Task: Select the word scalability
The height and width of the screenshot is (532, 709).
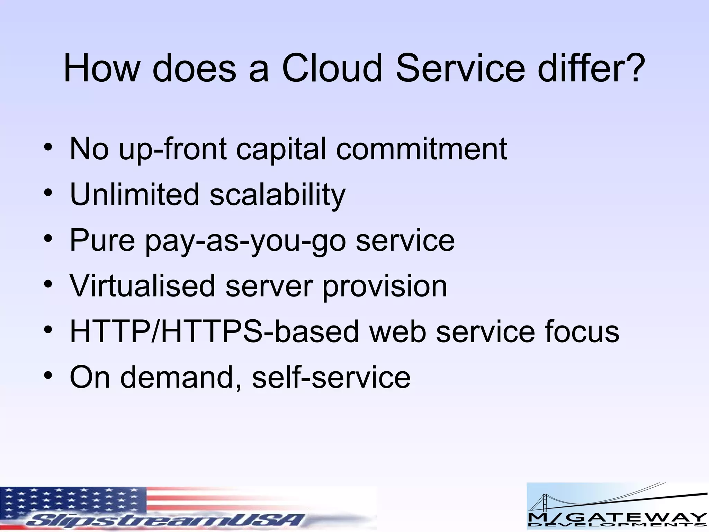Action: pyautogui.click(x=277, y=195)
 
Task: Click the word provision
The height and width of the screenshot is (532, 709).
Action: pyautogui.click(x=385, y=286)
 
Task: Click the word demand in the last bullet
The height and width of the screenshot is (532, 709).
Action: pyautogui.click(x=177, y=377)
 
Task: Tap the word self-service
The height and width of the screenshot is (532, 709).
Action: pyautogui.click(x=331, y=377)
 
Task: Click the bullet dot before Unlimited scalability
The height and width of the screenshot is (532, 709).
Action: pyautogui.click(x=48, y=193)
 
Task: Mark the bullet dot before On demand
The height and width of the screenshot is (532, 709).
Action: pyautogui.click(x=48, y=375)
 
